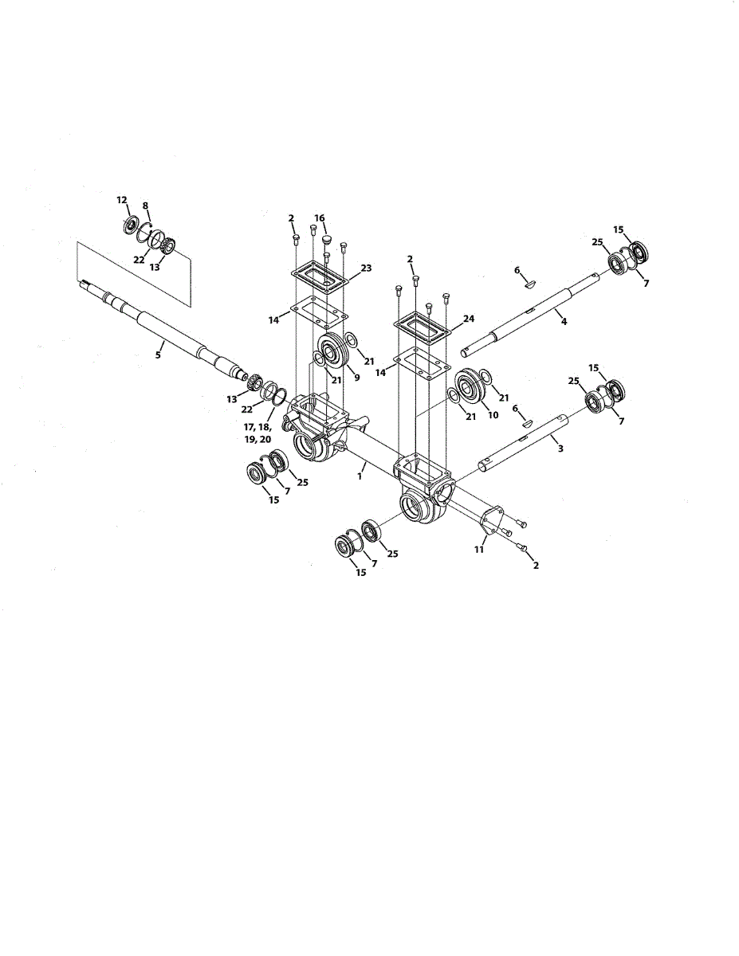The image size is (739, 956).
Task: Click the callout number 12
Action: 122,199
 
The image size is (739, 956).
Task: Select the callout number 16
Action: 319,217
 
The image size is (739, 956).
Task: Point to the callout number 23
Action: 366,268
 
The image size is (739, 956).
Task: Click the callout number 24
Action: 469,318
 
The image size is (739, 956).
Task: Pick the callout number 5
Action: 158,355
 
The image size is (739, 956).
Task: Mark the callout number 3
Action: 560,449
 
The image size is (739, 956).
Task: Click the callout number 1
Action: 360,475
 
